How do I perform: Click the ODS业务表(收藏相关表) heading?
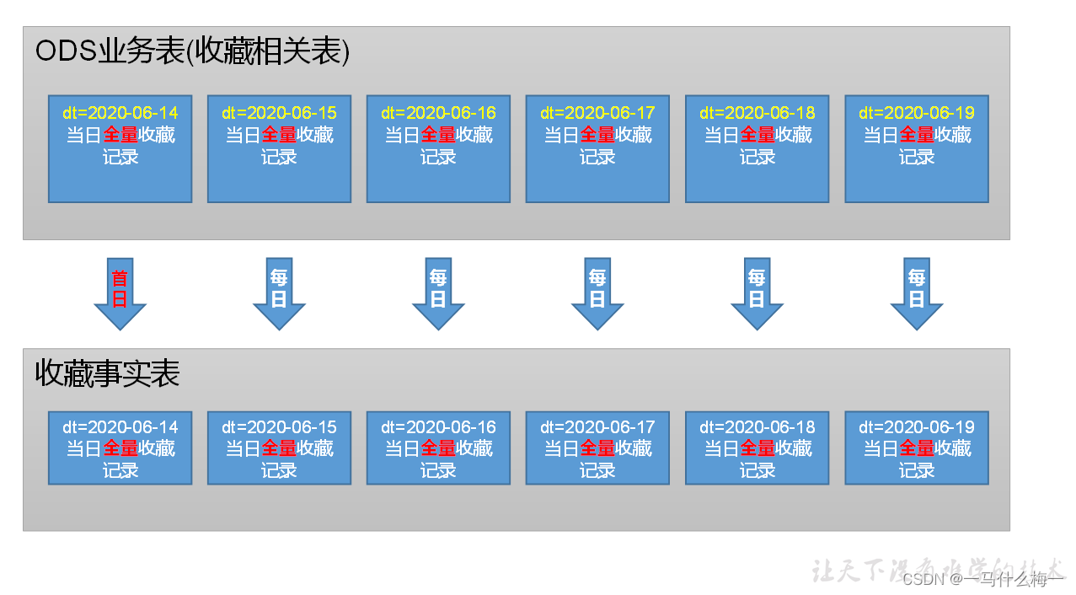point(192,52)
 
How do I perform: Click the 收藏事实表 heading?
point(108,374)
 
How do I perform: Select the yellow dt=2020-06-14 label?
point(120,113)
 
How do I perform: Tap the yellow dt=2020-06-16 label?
point(438,113)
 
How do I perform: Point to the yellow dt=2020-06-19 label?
point(916,113)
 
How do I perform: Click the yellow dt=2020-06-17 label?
point(597,113)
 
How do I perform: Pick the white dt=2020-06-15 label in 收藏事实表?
point(279,427)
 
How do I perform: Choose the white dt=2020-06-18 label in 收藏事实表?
point(757,427)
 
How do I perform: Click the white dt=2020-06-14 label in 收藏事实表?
point(120,427)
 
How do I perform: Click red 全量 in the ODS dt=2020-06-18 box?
point(757,135)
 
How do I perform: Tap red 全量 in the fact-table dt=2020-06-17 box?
point(597,448)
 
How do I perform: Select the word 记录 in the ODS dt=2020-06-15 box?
point(279,157)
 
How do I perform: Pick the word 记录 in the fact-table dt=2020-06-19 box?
point(916,470)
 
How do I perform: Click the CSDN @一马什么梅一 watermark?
point(982,579)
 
